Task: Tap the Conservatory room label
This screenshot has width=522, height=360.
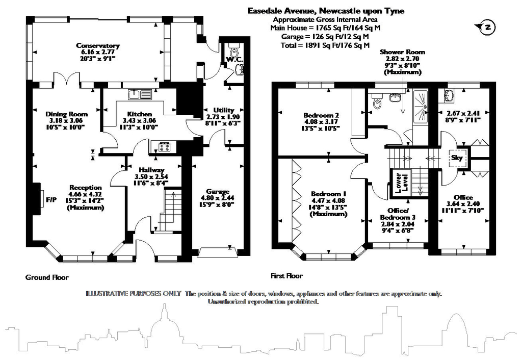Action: [x=97, y=45]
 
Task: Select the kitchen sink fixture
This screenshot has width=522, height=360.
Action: [x=139, y=94]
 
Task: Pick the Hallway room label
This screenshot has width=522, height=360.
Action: [x=150, y=170]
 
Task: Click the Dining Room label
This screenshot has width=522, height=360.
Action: [x=66, y=114]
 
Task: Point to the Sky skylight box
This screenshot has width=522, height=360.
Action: [x=457, y=158]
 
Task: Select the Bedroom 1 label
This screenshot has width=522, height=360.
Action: [x=328, y=194]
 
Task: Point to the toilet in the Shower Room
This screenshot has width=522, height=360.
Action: [x=377, y=104]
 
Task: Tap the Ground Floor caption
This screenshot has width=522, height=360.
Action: [x=46, y=277]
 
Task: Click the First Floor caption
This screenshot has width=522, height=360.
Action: [x=286, y=276]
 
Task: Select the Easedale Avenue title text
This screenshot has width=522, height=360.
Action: [x=326, y=10]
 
